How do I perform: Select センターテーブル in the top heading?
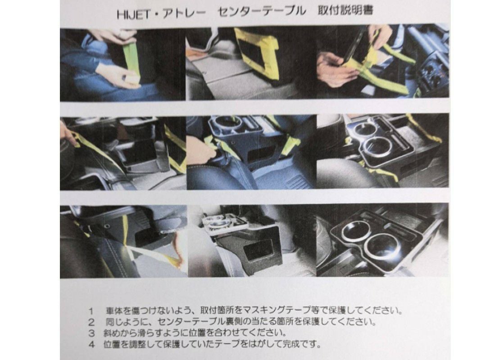tap(261, 12)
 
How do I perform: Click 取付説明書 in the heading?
tap(345, 10)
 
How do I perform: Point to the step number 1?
tap(91, 310)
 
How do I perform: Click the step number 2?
tap(91, 322)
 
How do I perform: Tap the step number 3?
tap(91, 333)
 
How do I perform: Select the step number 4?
tap(91, 344)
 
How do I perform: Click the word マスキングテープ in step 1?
tap(278, 310)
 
